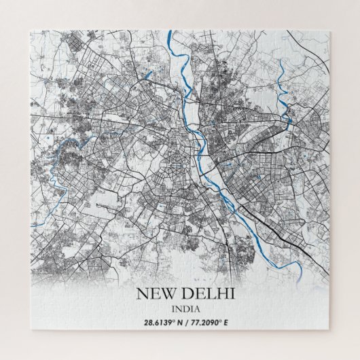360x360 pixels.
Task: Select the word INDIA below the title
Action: (179, 309)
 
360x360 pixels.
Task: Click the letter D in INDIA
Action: (180, 309)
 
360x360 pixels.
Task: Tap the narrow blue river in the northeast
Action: (284, 82)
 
